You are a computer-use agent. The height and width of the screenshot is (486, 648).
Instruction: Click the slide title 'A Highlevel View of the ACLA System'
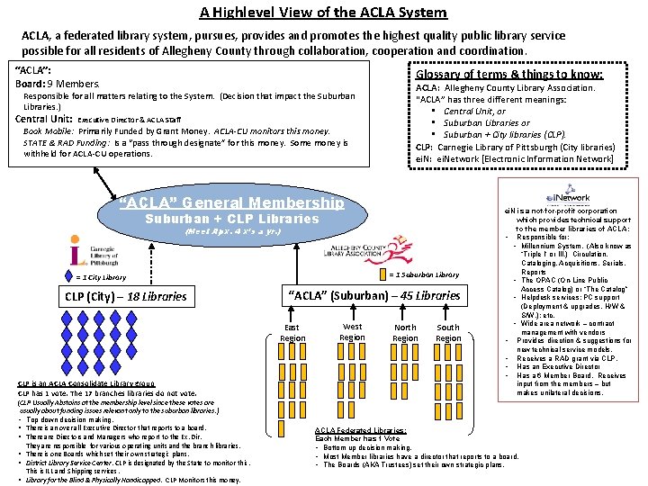[x=323, y=12]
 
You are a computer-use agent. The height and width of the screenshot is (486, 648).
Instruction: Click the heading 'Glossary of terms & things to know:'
[x=508, y=74]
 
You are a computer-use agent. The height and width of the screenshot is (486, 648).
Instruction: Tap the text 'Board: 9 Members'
[x=58, y=84]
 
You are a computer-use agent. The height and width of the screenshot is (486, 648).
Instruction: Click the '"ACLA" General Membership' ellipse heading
[x=231, y=202]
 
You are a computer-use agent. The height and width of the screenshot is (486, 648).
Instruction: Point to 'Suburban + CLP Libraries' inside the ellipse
[x=232, y=219]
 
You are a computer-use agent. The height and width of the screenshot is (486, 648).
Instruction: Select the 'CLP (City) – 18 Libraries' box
[x=125, y=296]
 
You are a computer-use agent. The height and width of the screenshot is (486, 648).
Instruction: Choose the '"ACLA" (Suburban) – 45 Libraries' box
[x=373, y=295]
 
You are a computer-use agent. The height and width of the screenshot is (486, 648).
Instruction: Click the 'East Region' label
[x=292, y=333]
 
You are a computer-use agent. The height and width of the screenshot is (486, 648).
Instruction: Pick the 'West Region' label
[x=353, y=332]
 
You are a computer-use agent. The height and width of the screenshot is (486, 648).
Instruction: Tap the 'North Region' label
[x=405, y=333]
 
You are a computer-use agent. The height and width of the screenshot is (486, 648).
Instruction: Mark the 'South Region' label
[x=448, y=333]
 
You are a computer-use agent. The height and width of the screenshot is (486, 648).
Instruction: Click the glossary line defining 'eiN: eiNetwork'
[x=515, y=158]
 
